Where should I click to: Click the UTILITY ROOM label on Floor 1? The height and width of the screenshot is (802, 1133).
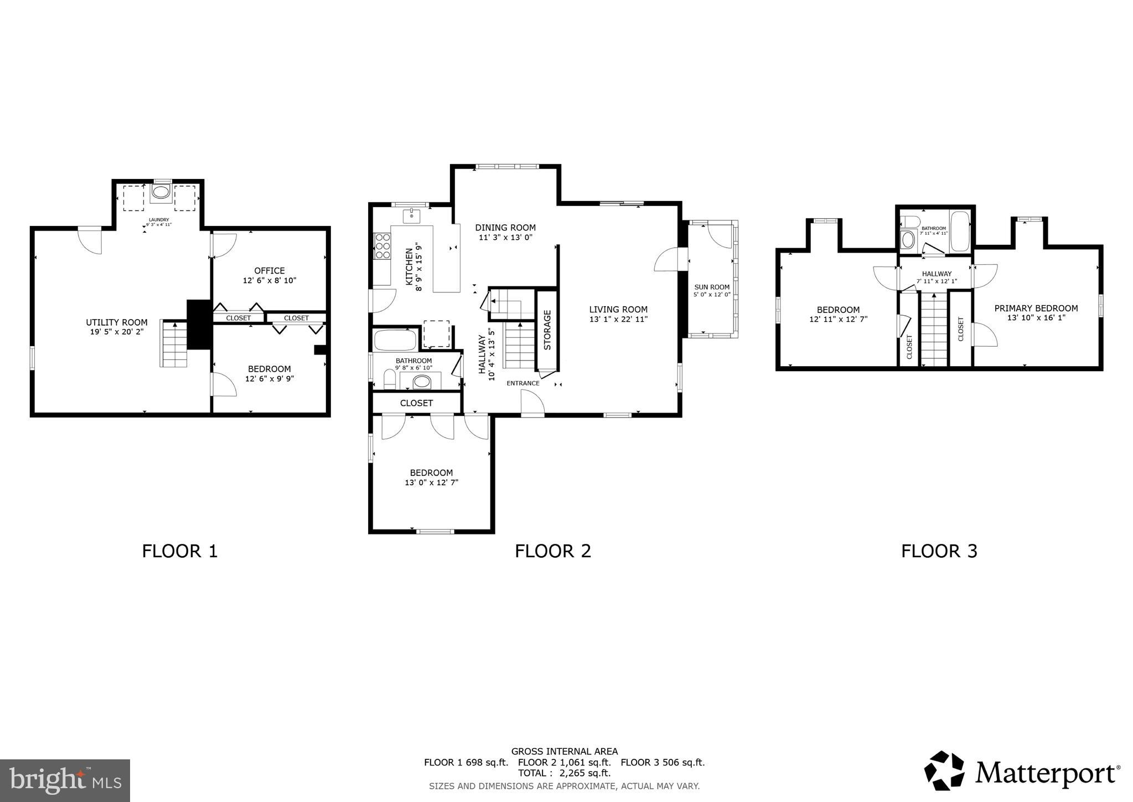click(117, 322)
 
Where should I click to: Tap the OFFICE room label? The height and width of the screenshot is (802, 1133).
click(270, 271)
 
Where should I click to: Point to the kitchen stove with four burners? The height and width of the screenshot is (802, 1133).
click(382, 246)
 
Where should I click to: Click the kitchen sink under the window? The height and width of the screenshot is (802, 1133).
click(412, 216)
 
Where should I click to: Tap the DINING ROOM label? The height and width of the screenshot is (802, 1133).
click(505, 228)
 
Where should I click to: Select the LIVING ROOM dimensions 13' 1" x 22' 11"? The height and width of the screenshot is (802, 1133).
click(618, 319)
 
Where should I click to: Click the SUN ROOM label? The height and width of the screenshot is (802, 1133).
click(712, 287)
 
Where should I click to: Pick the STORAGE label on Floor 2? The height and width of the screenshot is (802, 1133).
click(547, 330)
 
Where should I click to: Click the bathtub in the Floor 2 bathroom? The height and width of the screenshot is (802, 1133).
click(395, 340)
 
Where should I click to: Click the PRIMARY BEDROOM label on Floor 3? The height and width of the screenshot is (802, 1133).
click(1036, 309)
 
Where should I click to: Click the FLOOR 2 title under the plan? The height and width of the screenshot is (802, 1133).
click(553, 551)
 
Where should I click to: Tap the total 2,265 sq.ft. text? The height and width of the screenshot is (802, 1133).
click(564, 773)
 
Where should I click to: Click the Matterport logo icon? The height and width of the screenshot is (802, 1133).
click(944, 771)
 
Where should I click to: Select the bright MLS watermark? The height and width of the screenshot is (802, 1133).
click(65, 780)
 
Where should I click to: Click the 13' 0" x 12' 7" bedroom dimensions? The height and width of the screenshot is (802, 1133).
click(431, 482)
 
